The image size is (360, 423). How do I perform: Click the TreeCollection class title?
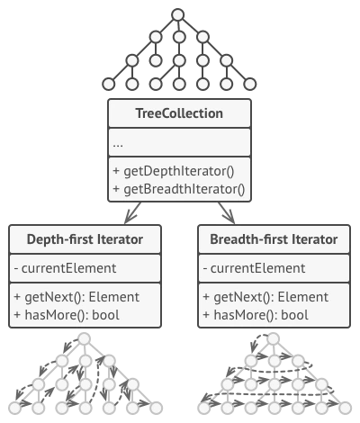pyautogui.click(x=179, y=113)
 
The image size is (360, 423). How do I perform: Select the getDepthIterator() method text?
pyautogui.click(x=179, y=171)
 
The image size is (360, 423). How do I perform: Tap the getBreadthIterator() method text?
pyautogui.click(x=184, y=189)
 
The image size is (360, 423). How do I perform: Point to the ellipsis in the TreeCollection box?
pyautogui.click(x=118, y=146)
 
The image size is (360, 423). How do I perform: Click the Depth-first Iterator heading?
pyautogui.click(x=85, y=239)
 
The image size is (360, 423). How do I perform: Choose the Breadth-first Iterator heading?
pyautogui.click(x=274, y=239)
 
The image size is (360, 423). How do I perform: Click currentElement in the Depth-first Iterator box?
pyautogui.click(x=68, y=268)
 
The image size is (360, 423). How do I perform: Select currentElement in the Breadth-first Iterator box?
pyautogui.click(x=257, y=268)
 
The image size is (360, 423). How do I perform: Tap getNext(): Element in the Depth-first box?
pyautogui.click(x=82, y=297)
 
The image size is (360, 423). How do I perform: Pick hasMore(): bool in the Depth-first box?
pyautogui.click(x=72, y=315)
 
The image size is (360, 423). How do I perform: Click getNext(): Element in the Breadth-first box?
pyautogui.click(x=271, y=297)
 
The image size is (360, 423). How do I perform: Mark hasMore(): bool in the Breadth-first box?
pyautogui.click(x=261, y=315)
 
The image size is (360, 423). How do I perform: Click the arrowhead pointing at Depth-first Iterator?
pyautogui.click(x=130, y=218)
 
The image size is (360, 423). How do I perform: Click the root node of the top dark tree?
pyautogui.click(x=178, y=15)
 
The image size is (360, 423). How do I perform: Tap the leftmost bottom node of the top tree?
pyautogui.click(x=109, y=84)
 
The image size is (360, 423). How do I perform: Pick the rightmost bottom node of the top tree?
pyautogui.click(x=249, y=84)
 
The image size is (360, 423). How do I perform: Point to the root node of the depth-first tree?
pyautogui.click(x=85, y=339)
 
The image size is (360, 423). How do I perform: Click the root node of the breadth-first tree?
pyautogui.click(x=274, y=339)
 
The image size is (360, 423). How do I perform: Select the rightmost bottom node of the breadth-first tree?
pyautogui.click(x=346, y=408)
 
